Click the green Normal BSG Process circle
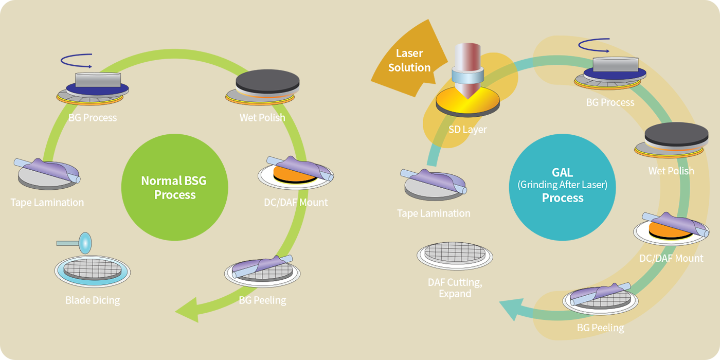[174, 188]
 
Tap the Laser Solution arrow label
[409, 60]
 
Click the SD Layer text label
[467, 130]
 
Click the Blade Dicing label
[93, 300]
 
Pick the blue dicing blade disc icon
[85, 241]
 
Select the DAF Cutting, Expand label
[455, 288]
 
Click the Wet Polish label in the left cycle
[262, 118]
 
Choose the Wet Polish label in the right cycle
[671, 171]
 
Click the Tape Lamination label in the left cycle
[47, 202]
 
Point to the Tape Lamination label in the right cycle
[434, 213]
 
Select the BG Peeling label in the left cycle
[262, 300]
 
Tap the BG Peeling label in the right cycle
[600, 328]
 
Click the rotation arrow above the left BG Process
[76, 60]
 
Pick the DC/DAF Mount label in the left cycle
[292, 202]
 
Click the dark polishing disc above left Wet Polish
[267, 82]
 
